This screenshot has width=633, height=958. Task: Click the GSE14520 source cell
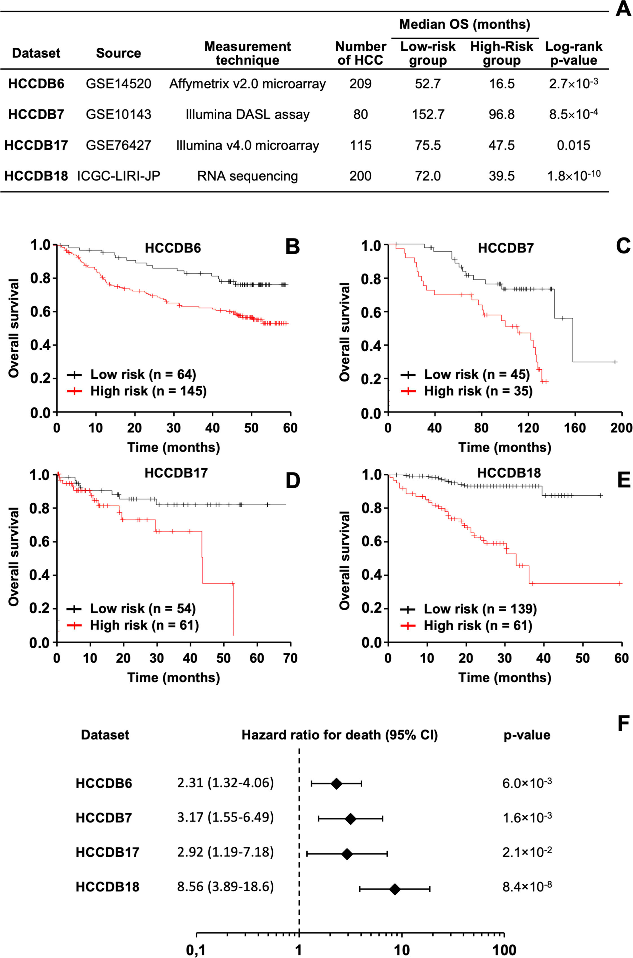coord(118,84)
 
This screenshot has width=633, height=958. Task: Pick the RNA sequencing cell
coord(248,177)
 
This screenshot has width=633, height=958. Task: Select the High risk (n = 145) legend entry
coord(138,391)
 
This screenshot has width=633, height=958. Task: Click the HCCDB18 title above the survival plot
coord(509,473)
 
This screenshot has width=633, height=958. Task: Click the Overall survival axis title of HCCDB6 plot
coord(14,328)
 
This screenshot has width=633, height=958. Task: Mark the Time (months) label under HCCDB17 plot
coord(174,677)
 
